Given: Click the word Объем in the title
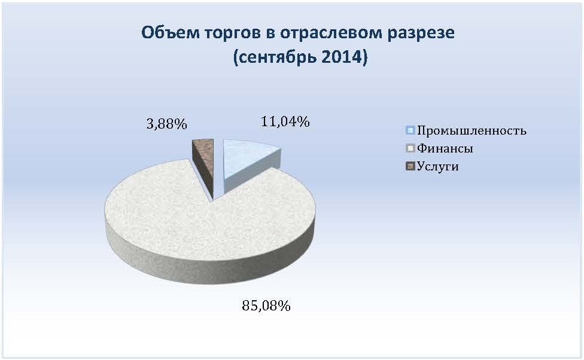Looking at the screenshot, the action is [x=171, y=32].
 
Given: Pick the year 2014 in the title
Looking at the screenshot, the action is [x=344, y=57].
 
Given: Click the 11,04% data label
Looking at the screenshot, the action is [x=285, y=122].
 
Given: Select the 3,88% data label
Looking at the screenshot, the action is [x=166, y=124].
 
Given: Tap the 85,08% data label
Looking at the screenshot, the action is [x=266, y=306].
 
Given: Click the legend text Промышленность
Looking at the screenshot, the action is [x=472, y=131].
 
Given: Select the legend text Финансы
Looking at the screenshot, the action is [x=445, y=148].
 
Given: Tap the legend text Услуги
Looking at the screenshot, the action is [x=437, y=166].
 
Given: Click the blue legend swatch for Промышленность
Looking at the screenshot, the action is [x=410, y=130].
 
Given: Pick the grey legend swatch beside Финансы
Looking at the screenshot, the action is [x=410, y=148].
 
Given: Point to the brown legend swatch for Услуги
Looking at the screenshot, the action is [x=410, y=166].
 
